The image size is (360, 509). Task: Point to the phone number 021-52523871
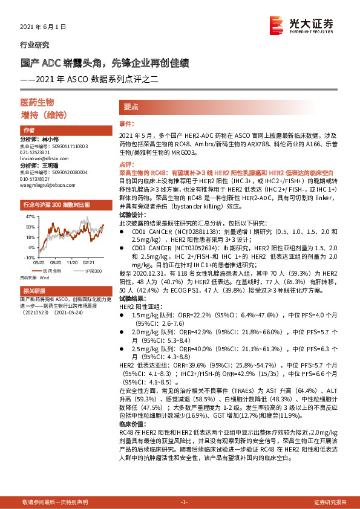point(37,152)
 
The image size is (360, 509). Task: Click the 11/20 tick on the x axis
point(72,263)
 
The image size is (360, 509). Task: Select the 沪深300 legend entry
point(92,270)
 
